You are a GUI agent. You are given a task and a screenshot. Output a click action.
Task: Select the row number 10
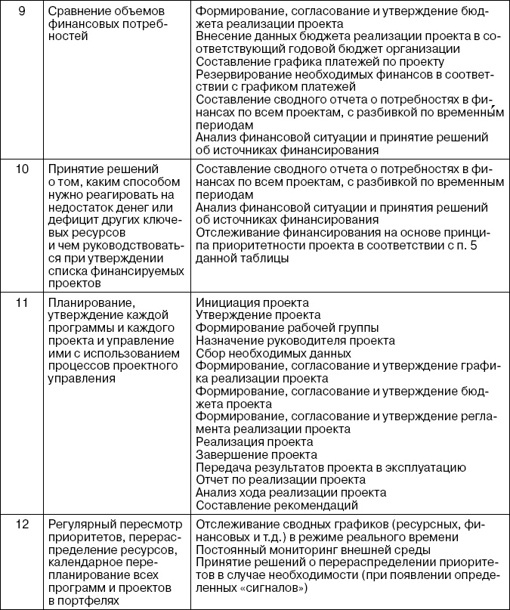23,169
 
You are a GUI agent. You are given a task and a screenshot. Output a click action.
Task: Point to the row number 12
23,525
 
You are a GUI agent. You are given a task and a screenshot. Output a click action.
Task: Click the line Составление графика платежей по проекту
319,61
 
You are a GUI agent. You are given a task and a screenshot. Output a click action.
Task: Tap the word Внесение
223,36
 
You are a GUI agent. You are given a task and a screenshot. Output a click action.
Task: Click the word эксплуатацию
430,467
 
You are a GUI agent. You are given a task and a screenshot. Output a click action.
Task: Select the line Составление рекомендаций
276,504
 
